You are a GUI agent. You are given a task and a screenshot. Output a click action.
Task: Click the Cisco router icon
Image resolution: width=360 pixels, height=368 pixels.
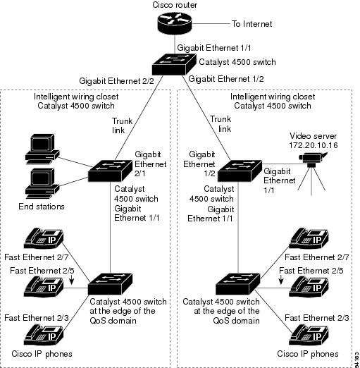pos(175,23)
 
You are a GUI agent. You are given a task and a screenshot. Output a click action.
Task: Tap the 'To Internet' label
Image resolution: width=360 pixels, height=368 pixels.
pos(252,24)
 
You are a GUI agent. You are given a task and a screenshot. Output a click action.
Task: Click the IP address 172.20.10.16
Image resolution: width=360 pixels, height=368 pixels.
pos(314,145)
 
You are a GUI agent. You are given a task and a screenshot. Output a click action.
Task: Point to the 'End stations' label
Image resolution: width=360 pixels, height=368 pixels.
pos(42,207)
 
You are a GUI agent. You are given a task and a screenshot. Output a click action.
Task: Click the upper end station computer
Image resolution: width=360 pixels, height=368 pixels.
pos(42,149)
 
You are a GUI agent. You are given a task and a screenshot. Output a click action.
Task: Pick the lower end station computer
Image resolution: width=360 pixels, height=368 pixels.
pos(42,184)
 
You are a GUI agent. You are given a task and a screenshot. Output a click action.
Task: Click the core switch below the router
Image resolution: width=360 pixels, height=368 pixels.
pos(174,64)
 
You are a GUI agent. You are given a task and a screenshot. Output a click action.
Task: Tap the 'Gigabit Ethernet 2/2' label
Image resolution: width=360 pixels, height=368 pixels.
pos(116,81)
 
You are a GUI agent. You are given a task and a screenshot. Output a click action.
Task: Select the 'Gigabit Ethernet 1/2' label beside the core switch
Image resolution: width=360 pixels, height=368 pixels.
pos(226,79)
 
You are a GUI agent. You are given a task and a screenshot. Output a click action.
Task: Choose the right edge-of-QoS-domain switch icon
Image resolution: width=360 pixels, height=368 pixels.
pos(237,283)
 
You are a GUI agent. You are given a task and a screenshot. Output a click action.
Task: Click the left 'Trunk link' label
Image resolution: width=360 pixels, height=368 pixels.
pos(122,125)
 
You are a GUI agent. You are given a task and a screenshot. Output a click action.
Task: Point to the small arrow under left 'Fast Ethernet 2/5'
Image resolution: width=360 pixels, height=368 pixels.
pos(72,280)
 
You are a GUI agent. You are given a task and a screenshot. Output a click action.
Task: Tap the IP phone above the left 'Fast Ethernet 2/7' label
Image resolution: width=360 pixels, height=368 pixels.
pos(44,238)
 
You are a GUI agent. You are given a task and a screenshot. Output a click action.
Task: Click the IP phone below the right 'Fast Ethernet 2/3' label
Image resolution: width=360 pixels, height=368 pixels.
pos(309,335)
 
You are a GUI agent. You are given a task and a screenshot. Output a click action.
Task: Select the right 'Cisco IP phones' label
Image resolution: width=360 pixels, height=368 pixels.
pos(308,353)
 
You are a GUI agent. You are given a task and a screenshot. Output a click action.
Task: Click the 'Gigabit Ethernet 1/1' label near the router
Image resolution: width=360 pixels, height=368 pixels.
pos(214,48)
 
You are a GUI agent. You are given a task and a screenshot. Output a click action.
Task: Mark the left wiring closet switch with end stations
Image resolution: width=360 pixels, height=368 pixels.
pos(110,171)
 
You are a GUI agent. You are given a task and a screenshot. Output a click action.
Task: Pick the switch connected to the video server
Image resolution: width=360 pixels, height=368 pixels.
pos(240,171)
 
